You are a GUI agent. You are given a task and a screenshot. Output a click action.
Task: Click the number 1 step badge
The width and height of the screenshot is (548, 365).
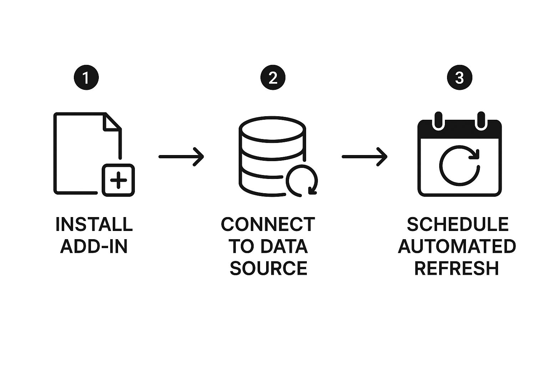coord(86,77)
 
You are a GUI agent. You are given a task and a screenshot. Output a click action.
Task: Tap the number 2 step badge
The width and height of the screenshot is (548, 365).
coord(273,77)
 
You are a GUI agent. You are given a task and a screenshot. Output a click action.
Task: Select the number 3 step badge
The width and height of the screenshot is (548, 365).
coord(460,77)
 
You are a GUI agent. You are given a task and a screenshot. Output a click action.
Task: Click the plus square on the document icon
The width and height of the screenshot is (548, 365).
coord(118,180)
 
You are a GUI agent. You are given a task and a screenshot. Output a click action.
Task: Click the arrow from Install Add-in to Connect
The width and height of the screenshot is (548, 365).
coord(181,156)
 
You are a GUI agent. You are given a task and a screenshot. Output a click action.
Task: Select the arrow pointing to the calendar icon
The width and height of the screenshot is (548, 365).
coord(365,156)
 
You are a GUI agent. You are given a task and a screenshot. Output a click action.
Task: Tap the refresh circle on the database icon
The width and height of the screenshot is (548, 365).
coord(302,180)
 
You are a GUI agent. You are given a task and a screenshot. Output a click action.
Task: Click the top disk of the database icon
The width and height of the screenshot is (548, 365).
coord(272,128)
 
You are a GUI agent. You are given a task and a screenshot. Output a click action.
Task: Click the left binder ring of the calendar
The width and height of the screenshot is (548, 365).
coord(437,120)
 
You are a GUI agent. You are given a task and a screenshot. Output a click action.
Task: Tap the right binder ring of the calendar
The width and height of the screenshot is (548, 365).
coord(481,120)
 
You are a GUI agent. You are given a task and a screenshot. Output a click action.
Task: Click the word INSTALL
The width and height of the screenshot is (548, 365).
coord(94,224)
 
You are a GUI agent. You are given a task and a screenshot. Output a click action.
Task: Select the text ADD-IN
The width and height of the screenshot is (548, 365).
coord(94,246)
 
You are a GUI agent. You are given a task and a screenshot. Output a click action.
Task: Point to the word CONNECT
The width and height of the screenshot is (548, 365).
coord(268,224)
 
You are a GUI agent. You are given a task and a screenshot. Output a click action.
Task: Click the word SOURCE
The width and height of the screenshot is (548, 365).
coord(268,268)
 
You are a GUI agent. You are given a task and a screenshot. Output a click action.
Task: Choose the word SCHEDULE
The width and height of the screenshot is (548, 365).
coord(458,224)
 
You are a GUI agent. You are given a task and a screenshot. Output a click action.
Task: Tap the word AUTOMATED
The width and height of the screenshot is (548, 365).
coord(457,246)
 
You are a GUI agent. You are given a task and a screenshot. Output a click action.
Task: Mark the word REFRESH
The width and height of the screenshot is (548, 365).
coord(456,268)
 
